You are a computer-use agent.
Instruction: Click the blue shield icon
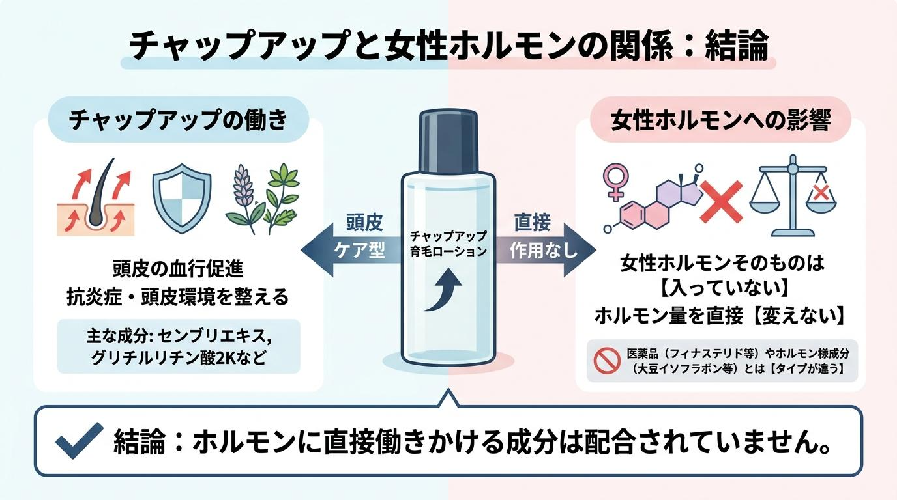[182, 199]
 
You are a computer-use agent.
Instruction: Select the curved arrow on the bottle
[443, 290]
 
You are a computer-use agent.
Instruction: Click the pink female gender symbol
[615, 182]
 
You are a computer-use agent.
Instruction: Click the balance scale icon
[793, 196]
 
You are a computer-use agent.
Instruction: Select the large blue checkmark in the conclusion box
[80, 439]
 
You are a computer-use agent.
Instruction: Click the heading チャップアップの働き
[179, 119]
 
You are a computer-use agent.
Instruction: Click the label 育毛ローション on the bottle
[448, 251]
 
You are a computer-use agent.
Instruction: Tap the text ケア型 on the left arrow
[359, 251]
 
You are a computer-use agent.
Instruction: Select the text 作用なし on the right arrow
[544, 251]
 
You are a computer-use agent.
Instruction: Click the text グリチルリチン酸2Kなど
[179, 357]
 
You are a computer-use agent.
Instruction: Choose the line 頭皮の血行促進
[178, 269]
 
